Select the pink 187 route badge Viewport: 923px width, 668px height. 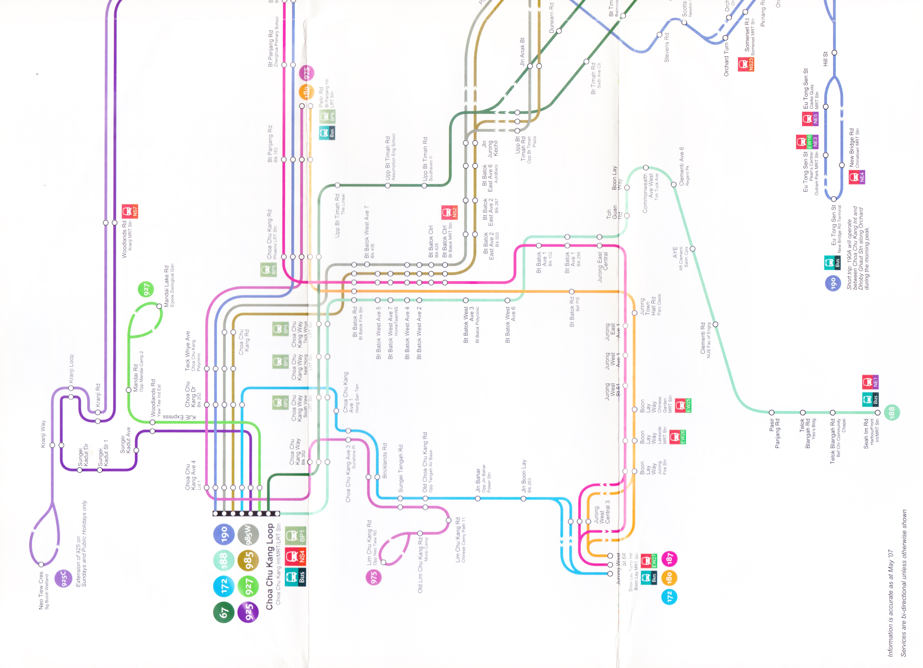pos(670,558)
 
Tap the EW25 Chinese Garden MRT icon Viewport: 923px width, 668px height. pos(683,405)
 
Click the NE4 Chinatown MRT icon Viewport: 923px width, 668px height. pos(857,177)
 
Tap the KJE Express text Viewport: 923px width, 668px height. pos(180,417)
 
